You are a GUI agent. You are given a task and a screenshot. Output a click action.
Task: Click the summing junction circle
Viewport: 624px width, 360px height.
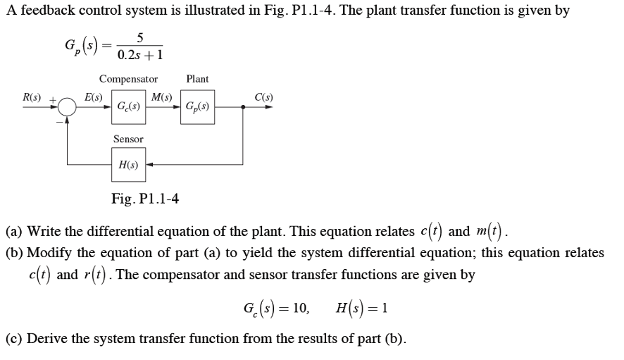67,107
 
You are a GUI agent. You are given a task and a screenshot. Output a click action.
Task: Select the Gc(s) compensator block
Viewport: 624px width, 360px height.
128,107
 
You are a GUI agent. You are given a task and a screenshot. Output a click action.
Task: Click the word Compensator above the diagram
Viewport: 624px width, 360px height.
128,79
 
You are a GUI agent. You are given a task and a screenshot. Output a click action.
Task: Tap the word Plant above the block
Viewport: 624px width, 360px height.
197,79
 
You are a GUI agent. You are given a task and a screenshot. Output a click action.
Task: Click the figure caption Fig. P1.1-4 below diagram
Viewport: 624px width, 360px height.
145,199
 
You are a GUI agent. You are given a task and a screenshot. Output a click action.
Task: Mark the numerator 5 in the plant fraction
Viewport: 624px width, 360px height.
141,37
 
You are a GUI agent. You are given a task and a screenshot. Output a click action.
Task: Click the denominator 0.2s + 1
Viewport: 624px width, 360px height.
141,55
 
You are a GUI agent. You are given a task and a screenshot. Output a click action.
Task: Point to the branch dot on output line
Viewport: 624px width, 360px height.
243,107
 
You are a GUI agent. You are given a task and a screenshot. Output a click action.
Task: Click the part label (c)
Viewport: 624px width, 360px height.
14,338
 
